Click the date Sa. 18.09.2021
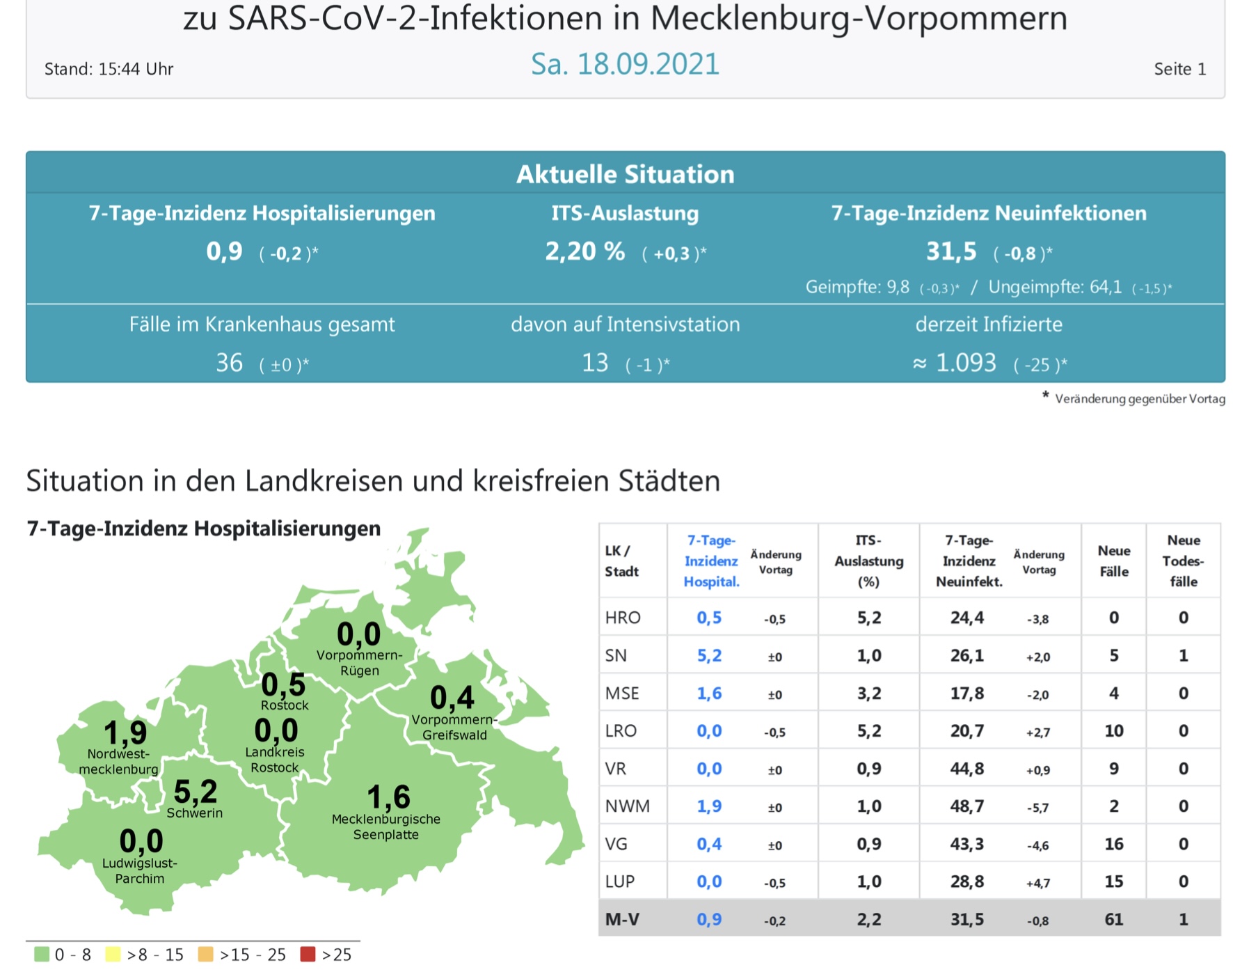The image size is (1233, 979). [x=624, y=64]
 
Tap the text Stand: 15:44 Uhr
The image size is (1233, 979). [x=109, y=69]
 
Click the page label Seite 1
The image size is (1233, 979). [x=1179, y=69]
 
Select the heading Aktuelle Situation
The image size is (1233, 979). [x=625, y=174]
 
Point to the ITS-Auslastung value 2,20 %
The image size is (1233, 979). [x=584, y=251]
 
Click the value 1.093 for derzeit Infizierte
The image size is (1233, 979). [x=965, y=363]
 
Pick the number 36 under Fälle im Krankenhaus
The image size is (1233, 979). [x=229, y=363]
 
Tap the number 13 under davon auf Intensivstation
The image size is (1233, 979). [x=595, y=363]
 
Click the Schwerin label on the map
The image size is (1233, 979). [x=194, y=813]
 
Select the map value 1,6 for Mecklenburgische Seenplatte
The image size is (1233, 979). [x=388, y=797]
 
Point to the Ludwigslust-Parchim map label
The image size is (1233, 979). [x=140, y=870]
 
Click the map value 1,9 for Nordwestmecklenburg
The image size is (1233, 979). [x=125, y=733]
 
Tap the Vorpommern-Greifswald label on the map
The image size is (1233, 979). [x=454, y=727]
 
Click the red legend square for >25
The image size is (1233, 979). [x=308, y=954]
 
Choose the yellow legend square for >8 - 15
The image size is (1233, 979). [x=112, y=954]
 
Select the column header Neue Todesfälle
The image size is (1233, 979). [x=1183, y=561]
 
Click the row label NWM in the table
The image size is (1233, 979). [x=627, y=806]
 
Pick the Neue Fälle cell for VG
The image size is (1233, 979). [x=1113, y=844]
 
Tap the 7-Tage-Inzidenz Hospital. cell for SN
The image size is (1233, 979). [x=709, y=655]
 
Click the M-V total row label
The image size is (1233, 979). [x=622, y=919]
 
